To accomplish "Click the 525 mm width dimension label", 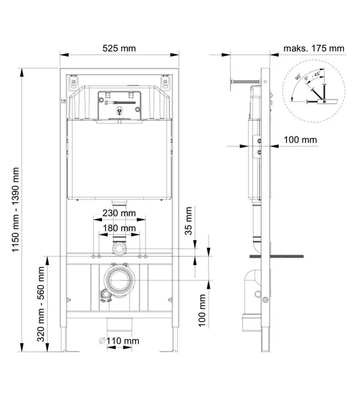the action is coord(119,49).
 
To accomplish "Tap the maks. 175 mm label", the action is coord(313,49).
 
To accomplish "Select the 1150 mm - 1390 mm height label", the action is coord(16,210).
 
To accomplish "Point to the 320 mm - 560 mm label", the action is coord(40,304).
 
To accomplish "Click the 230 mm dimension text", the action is coord(119,213).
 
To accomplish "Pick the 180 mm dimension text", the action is coord(119,228).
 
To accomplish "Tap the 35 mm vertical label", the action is coord(188,221).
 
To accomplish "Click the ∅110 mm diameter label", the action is coord(119,341).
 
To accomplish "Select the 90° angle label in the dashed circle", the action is coord(298,77).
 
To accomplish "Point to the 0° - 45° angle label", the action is coord(312,75).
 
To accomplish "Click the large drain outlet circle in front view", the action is coord(119,280).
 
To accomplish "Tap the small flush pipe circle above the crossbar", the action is coord(119,249).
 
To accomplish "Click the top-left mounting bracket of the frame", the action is coord(73,82).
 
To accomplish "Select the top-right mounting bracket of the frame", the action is coord(165,82).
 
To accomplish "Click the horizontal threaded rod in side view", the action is coord(276,256).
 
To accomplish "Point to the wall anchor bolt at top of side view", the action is coord(246,81).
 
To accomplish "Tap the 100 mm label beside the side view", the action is coord(300,140).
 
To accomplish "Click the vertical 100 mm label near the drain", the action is coord(202,310).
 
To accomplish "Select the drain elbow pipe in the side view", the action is coord(252,300).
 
